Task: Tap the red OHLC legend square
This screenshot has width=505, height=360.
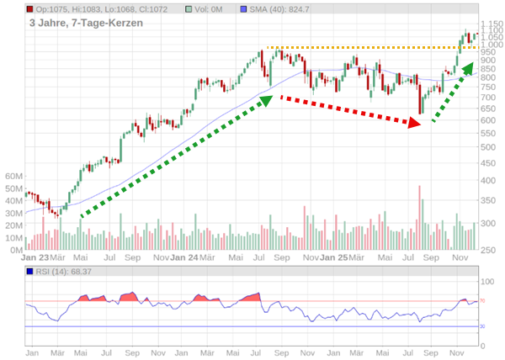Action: (x=30, y=8)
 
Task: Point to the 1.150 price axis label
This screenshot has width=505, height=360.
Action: (x=492, y=24)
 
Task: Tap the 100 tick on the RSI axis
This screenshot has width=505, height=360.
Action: (x=487, y=281)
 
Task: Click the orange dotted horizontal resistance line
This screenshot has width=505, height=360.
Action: (x=370, y=47)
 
